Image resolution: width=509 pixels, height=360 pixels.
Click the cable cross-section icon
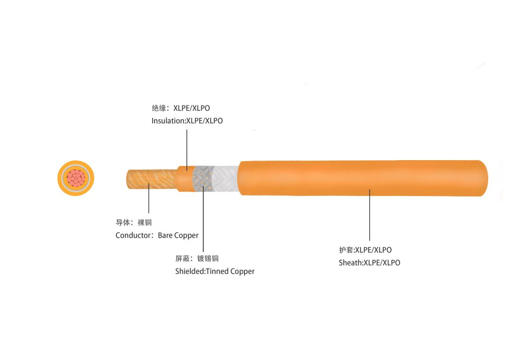pyautogui.click(x=76, y=178)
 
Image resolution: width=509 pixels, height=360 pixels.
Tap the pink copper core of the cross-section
pyautogui.click(x=76, y=178)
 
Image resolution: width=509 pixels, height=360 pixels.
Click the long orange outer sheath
pyautogui.click(x=363, y=178)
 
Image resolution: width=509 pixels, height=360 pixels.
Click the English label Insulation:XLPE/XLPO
pyautogui.click(x=187, y=121)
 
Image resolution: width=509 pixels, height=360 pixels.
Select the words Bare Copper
pyautogui.click(x=178, y=236)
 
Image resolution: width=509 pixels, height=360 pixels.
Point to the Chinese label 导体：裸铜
pyautogui.click(x=133, y=223)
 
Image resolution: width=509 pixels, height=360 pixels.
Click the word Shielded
pyautogui.click(x=189, y=271)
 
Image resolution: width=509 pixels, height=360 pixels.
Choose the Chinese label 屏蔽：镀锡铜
pyautogui.click(x=197, y=259)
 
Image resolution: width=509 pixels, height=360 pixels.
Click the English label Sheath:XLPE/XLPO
pyautogui.click(x=369, y=263)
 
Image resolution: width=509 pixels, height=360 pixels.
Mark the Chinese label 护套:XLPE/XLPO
pyautogui.click(x=365, y=250)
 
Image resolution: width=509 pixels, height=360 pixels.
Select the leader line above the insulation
pyautogui.click(x=187, y=147)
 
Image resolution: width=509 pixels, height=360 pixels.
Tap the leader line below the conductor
pyautogui.click(x=149, y=199)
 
